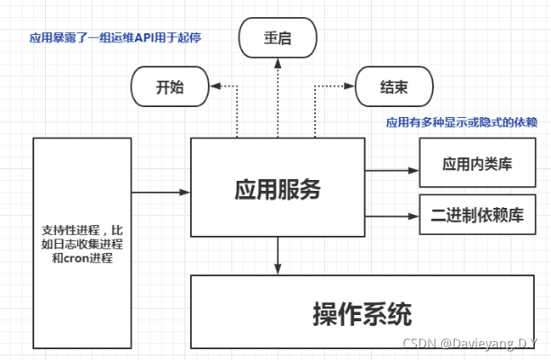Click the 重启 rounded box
pyautogui.click(x=278, y=39)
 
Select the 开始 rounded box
pyautogui.click(x=170, y=89)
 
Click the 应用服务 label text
pyautogui.click(x=277, y=189)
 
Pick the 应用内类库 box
pyautogui.click(x=476, y=166)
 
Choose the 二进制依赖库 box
pyautogui.click(x=476, y=215)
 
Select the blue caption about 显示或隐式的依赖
pyautogui.click(x=461, y=123)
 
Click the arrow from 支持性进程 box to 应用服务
pyautogui.click(x=161, y=190)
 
